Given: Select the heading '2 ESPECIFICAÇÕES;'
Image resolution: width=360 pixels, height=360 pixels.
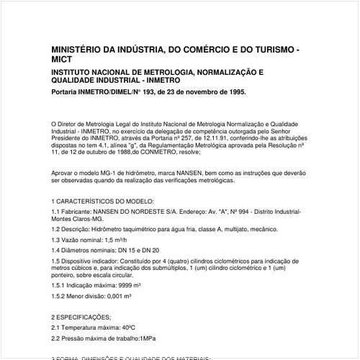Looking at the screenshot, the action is click(81, 316).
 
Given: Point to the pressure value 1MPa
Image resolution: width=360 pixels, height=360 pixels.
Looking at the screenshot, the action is click(156, 338).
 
